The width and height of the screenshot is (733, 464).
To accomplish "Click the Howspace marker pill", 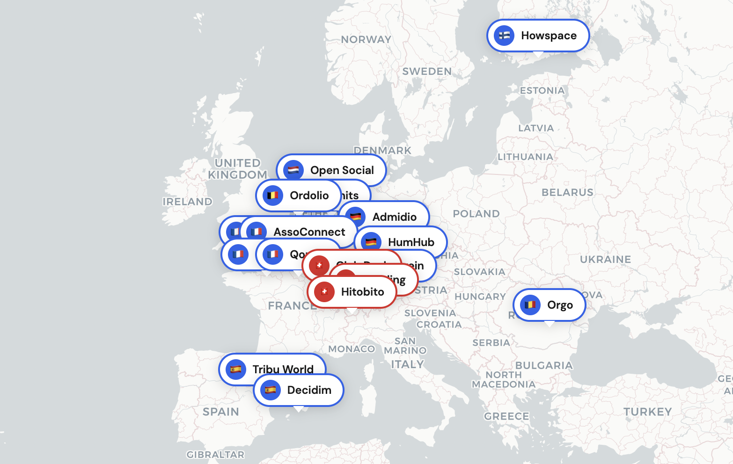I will coord(538,36).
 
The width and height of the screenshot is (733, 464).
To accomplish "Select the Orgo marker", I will coord(550,305).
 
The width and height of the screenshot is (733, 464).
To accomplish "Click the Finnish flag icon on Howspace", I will coord(504,36).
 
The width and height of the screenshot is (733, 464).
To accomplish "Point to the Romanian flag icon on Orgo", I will coord(530,305).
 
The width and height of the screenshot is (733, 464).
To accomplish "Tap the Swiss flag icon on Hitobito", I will coord(324,292).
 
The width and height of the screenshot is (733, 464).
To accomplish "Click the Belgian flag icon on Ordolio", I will coord(272,196).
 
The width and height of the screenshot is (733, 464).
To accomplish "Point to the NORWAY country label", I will coord(366,40).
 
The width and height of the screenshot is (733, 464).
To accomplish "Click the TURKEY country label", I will coord(647,412).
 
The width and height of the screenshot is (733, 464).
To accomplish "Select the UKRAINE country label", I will coord(605,260).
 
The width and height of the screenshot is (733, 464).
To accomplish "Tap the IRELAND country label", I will coord(187,202).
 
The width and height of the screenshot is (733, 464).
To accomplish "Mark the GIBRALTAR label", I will coord(215,455).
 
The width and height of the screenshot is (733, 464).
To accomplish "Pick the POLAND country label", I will coord(476,214).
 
